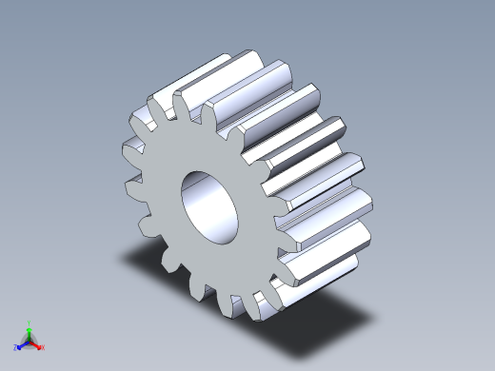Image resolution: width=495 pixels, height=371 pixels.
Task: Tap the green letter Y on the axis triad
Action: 30,322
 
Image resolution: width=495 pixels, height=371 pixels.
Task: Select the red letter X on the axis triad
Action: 43,348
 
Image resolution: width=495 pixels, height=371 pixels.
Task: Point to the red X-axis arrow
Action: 36,344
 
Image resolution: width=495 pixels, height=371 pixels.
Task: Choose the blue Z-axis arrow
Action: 22,344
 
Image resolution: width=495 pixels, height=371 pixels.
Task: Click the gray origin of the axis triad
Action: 30,340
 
